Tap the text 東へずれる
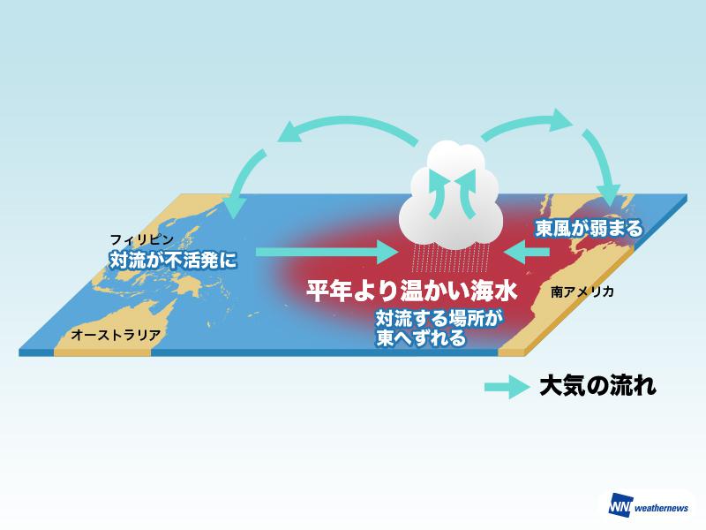click(419, 337)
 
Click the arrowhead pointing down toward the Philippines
click(233, 208)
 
